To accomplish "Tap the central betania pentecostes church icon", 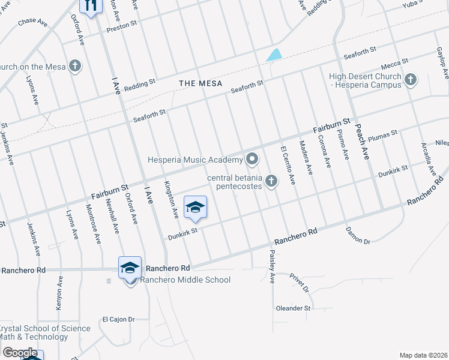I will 271,181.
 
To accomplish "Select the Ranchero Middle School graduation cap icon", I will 130,268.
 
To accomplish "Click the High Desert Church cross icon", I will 411,79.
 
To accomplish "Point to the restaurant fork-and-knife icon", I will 91,5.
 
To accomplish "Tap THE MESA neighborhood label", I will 200,83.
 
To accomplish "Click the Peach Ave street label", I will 366,146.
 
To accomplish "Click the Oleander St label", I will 293,308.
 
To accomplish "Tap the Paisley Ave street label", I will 272,268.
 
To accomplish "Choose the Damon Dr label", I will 358,235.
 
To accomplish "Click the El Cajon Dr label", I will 118,319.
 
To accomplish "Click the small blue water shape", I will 274,55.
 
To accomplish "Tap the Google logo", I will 19,353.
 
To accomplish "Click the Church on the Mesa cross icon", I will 75,66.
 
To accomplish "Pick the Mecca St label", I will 396,61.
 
